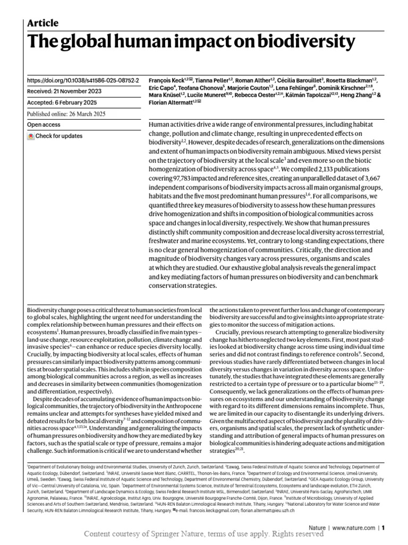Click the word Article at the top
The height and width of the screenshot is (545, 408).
click(42, 23)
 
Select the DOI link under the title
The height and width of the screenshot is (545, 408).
click(83, 80)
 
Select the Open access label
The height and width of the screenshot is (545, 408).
click(44, 125)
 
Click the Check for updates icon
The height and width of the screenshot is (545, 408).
click(31, 136)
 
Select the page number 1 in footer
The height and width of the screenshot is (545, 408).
click(382, 528)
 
